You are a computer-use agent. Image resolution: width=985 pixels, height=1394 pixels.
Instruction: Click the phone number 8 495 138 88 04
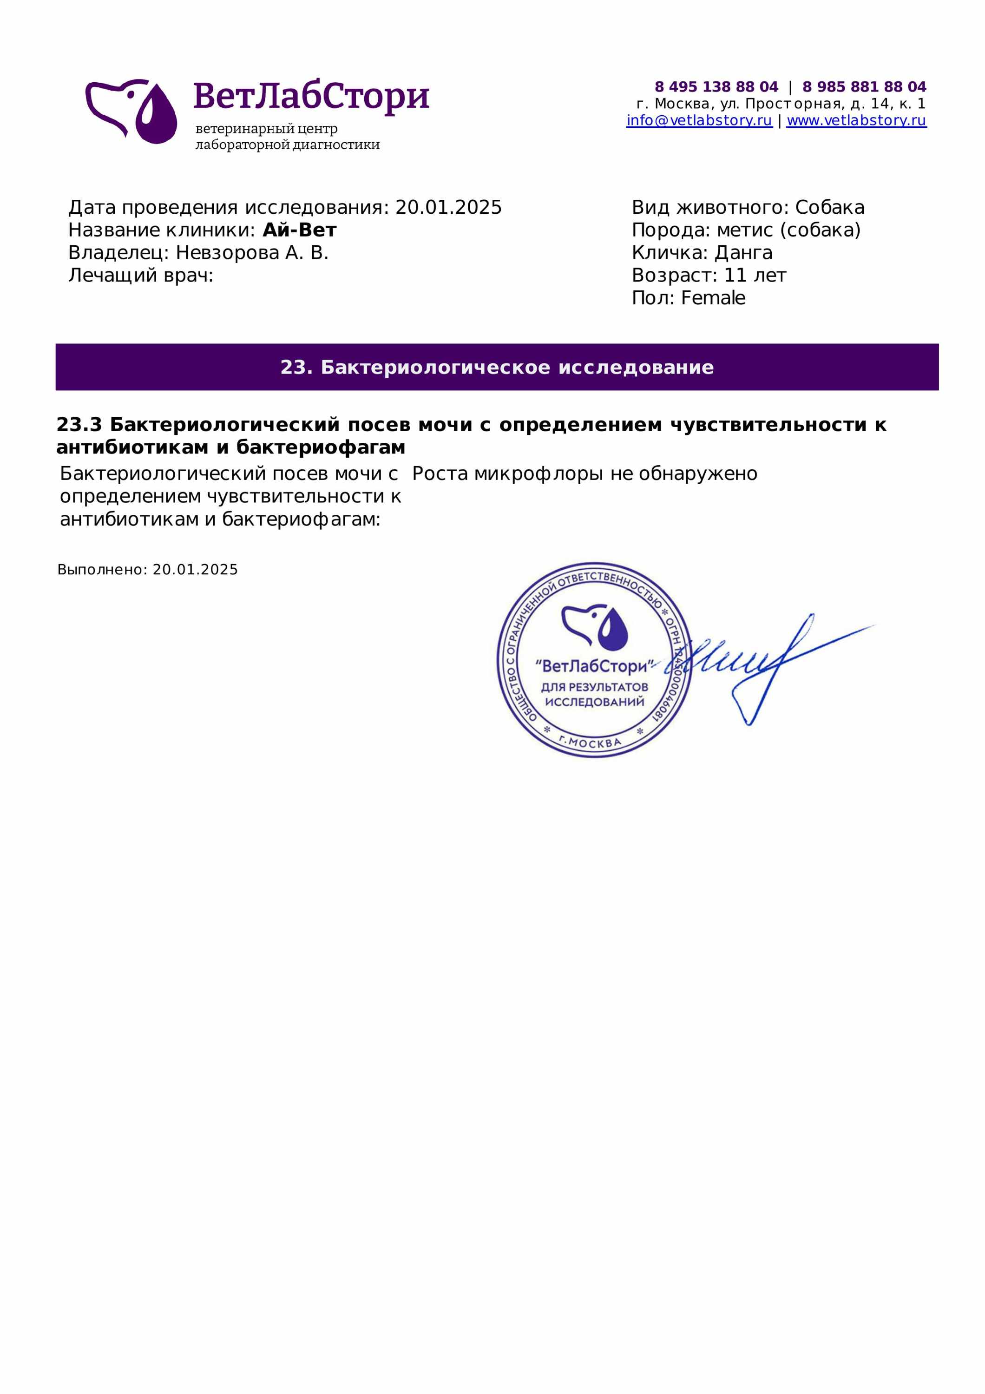[x=716, y=87]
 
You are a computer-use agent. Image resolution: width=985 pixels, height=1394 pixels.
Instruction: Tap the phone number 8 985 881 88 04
[x=864, y=87]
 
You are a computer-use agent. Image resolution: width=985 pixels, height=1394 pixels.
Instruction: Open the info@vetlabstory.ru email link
[x=698, y=120]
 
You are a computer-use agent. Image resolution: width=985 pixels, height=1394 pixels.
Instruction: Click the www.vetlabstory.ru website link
[x=856, y=120]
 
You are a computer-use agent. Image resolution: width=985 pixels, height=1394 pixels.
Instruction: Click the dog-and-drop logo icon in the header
[x=131, y=111]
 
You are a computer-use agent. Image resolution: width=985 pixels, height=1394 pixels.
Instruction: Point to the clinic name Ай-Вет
[x=299, y=230]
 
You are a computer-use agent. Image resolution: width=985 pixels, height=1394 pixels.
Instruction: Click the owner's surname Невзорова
[x=228, y=253]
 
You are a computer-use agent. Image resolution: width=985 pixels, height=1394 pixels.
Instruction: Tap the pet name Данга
[x=743, y=253]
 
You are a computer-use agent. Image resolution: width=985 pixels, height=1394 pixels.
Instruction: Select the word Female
[x=713, y=298]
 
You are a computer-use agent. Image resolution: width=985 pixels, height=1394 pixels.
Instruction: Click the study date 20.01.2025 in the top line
[x=448, y=208]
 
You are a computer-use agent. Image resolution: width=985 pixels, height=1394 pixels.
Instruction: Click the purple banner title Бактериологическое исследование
[x=517, y=368]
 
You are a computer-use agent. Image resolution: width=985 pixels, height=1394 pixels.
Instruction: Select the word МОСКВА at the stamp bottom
[x=595, y=743]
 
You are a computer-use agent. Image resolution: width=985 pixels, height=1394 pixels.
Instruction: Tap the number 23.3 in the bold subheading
[x=79, y=425]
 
